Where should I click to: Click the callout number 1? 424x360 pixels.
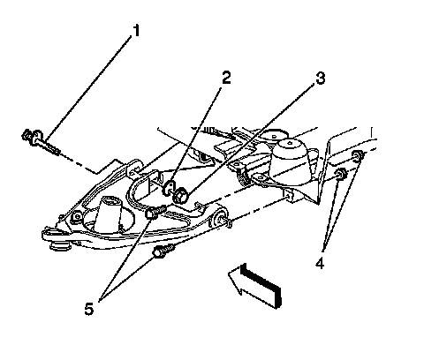pos(136,31)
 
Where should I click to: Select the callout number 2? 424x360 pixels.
pos(226,78)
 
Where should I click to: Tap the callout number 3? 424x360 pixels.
pos(320,78)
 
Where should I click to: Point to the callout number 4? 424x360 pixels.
pos(320,263)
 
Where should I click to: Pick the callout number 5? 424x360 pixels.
pos(89,309)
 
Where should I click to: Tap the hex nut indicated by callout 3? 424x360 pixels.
pos(181,196)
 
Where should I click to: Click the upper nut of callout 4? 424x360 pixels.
pos(358,156)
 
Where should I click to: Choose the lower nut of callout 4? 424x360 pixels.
pos(341,174)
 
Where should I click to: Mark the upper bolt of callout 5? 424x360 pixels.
pos(155,212)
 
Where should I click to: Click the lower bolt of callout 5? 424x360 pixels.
pos(163,251)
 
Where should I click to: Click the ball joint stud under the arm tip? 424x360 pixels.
pos(61,245)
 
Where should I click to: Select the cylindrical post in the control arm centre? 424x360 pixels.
pos(109,215)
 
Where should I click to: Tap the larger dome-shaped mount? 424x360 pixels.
pos(291,162)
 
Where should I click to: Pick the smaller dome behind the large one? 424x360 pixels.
pos(275,135)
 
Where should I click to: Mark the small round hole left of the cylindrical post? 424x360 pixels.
pos(78,217)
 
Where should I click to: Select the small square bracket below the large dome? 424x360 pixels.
pos(289,196)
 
